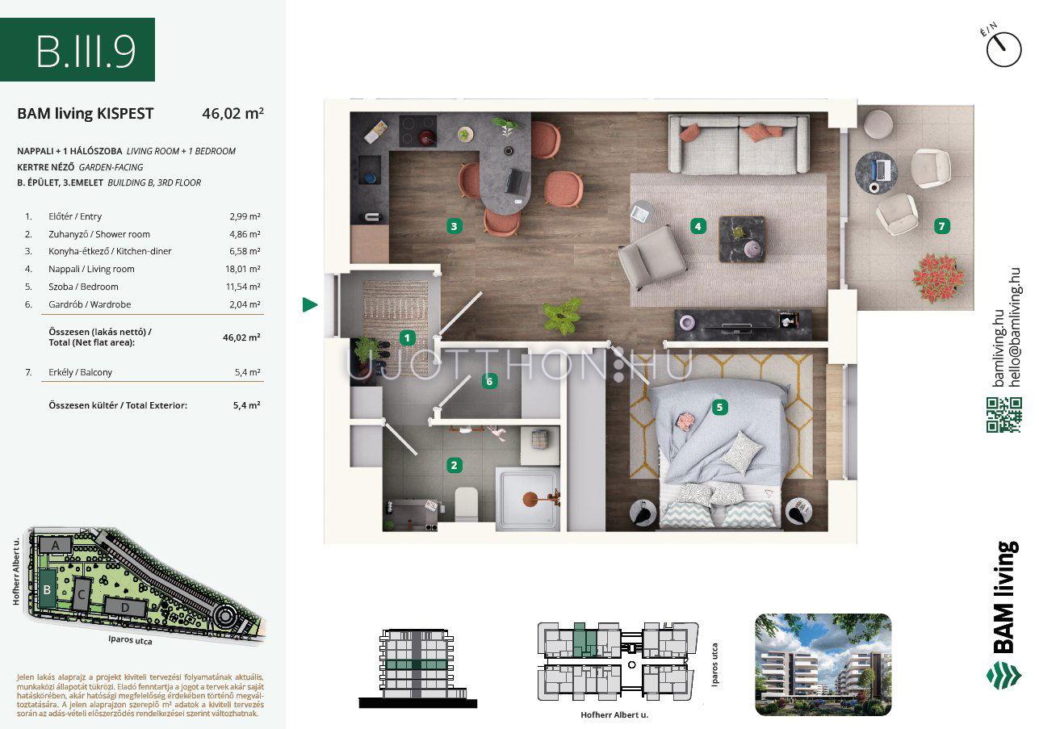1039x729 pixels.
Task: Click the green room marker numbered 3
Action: [x=454, y=226]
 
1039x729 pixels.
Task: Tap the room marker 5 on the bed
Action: [x=719, y=407]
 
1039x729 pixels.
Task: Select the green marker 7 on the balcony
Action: [x=941, y=226]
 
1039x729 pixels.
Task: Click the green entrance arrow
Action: [x=310, y=304]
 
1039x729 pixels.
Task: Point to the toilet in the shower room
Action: [x=466, y=504]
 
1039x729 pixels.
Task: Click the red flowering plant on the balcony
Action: [x=938, y=277]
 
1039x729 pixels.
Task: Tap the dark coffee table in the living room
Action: [x=742, y=239]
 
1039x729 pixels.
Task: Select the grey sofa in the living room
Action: [x=739, y=145]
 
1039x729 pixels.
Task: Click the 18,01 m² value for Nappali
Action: [x=242, y=269]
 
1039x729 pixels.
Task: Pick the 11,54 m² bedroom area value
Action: [x=243, y=287]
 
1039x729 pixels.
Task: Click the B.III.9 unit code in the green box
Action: [x=86, y=52]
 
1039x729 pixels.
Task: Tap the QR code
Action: [x=1003, y=415]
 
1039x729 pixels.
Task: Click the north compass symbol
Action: [x=1003, y=49]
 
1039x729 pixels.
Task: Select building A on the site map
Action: [x=55, y=545]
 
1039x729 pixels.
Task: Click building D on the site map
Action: [x=125, y=607]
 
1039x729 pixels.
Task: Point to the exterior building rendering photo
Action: [x=823, y=664]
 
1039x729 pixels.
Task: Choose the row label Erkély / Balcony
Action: [x=80, y=372]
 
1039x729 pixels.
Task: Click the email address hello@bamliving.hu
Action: [x=1015, y=328]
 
